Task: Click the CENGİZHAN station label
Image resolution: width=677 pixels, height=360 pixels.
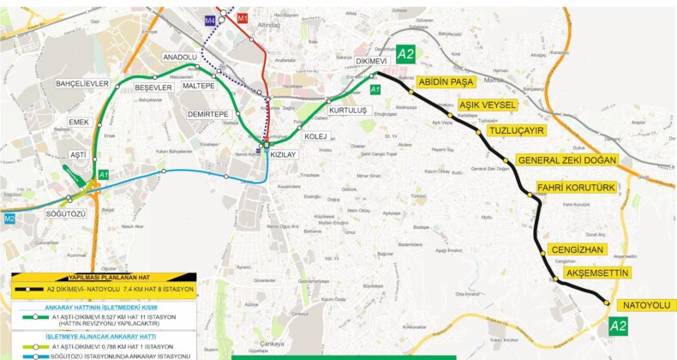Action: pos(577,249)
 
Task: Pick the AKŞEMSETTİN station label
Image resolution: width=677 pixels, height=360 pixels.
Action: pos(597,273)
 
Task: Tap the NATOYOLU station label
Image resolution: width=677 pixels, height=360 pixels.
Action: pos(647,305)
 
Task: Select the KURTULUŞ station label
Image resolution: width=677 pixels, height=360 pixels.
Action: pos(348,111)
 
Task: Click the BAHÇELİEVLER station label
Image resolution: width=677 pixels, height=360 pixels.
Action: pos(82,83)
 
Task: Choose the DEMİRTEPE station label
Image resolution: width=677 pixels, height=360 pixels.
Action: pos(208,114)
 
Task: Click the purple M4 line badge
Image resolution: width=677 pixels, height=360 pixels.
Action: pos(211,18)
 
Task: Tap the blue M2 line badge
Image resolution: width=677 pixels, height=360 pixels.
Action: pos(9,219)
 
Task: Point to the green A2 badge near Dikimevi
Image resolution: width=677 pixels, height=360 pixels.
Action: pos(405,55)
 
